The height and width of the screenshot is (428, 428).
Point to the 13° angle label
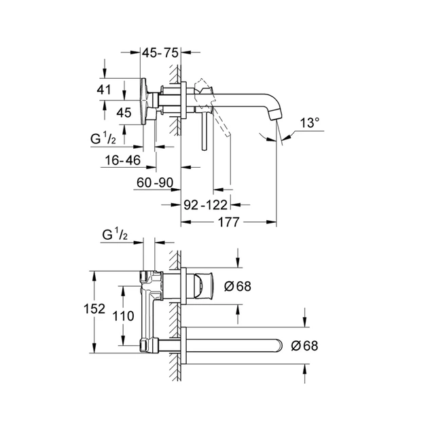coord(309,123)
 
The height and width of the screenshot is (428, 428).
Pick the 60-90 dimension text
coord(156,183)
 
